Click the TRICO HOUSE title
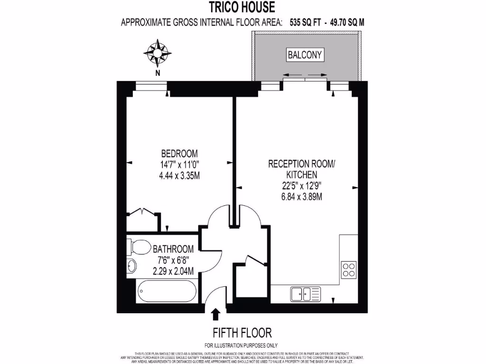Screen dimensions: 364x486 [x=243, y=7]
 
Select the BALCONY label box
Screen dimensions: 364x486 [x=305, y=55]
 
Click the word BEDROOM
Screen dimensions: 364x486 [x=179, y=154]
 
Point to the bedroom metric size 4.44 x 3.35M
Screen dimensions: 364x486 [x=179, y=175]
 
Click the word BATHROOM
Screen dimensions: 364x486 [x=173, y=249]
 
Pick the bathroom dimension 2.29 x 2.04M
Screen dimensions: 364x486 [x=173, y=271]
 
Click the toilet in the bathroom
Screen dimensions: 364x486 [x=136, y=247]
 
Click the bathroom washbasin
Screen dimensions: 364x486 [x=131, y=266]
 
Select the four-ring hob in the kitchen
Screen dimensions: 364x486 [x=349, y=269]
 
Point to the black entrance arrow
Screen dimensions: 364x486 [x=215, y=314]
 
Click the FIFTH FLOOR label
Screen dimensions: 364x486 [x=242, y=332]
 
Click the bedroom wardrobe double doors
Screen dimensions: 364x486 [x=143, y=213]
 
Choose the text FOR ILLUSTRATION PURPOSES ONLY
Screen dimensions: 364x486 [x=241, y=346]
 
